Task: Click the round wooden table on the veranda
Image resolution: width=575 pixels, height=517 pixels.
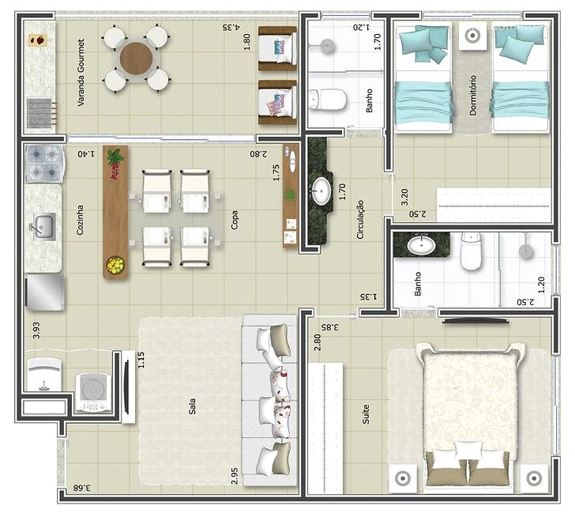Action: [136, 58]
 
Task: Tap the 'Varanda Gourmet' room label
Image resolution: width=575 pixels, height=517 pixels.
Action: [81, 73]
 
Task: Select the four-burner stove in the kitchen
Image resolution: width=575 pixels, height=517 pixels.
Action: [44, 163]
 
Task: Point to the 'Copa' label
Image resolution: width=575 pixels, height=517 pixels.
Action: [234, 220]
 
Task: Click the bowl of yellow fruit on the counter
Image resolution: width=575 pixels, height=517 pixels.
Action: [115, 264]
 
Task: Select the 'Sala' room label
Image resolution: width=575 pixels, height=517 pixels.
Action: [192, 406]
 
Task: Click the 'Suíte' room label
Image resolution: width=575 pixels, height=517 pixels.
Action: [366, 414]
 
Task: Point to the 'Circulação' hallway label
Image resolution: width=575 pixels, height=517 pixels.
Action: [360, 220]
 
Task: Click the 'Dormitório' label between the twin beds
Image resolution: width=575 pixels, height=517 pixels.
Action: [473, 96]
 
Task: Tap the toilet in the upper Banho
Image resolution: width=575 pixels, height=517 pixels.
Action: [327, 100]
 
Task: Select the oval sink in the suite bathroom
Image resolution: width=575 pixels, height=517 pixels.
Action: [421, 245]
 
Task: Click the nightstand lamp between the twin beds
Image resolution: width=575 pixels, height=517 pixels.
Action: [472, 36]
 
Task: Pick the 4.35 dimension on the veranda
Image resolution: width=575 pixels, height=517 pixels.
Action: [231, 27]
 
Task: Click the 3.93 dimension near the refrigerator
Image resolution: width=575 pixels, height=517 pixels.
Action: [36, 330]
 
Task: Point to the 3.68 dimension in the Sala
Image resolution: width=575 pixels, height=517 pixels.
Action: [82, 488]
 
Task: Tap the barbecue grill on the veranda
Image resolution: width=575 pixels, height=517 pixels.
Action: [39, 113]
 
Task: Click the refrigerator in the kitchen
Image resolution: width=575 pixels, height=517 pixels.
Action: [45, 292]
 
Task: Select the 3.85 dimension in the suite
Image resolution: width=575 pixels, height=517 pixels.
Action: [330, 326]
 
